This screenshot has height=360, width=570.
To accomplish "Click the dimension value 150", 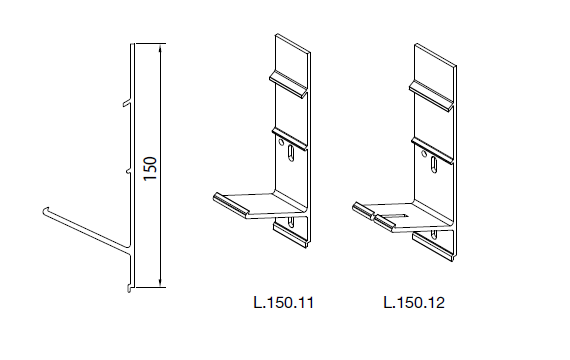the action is (x=150, y=168).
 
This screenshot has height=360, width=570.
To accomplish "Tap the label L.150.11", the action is (x=284, y=303).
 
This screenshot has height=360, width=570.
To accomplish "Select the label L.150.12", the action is (x=414, y=303).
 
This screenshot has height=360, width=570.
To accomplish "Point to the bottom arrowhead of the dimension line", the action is (x=160, y=282).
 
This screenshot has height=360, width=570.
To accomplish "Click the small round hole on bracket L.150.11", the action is (x=281, y=142).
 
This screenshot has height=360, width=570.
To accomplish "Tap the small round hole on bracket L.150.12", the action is (x=424, y=154).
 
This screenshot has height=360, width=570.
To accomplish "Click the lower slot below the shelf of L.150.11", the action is (x=291, y=222).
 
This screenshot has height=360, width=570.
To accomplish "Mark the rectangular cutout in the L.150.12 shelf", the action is (x=395, y=216).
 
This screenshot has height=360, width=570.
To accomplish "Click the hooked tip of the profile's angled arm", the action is (x=45, y=210).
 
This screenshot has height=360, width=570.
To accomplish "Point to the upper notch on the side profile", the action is (x=127, y=104).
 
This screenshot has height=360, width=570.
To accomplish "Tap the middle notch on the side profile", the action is (x=128, y=171).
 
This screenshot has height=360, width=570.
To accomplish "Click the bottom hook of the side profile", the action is (x=128, y=289).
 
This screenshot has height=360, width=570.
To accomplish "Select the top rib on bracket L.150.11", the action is (x=289, y=84).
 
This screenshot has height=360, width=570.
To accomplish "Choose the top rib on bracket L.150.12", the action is (x=431, y=95).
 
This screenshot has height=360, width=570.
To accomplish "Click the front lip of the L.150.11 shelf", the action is (x=231, y=205).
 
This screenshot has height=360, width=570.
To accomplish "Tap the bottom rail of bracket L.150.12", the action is (x=433, y=247).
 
